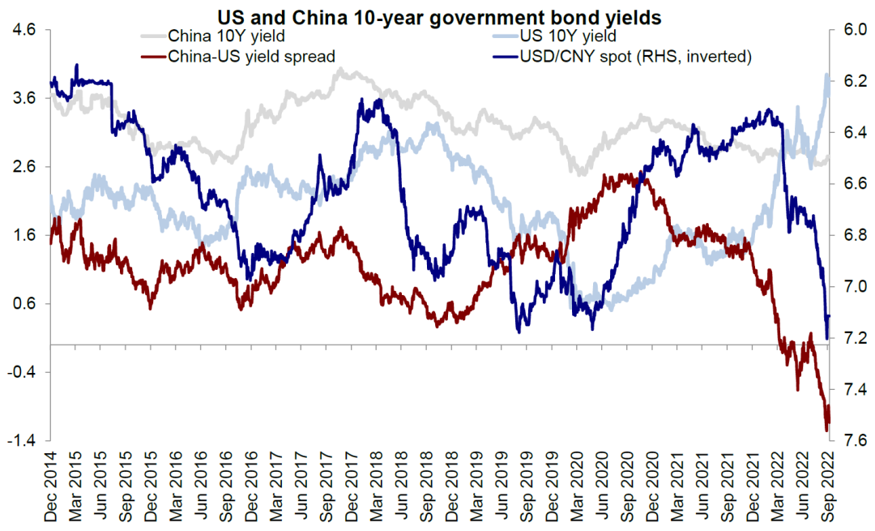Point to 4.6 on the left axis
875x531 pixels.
[x=25, y=30]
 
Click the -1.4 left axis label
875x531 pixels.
[x=22, y=440]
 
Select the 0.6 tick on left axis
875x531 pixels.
[x=25, y=304]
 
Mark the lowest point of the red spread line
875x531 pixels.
[x=826, y=430]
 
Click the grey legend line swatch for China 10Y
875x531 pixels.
[x=152, y=36]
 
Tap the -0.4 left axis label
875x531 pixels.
[x=22, y=372]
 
